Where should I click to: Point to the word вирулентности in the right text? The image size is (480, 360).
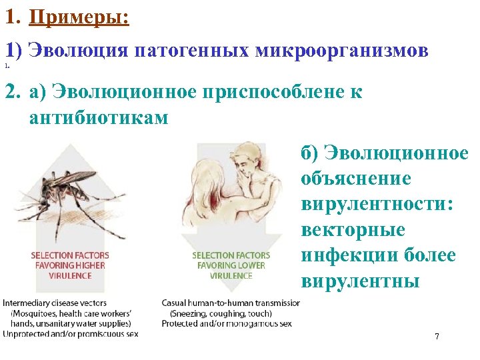(377, 203)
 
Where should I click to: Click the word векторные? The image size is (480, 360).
(353, 229)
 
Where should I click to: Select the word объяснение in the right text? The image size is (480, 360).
(355, 179)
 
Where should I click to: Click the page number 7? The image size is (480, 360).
(437, 337)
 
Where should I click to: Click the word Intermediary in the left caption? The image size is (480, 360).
(25, 303)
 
